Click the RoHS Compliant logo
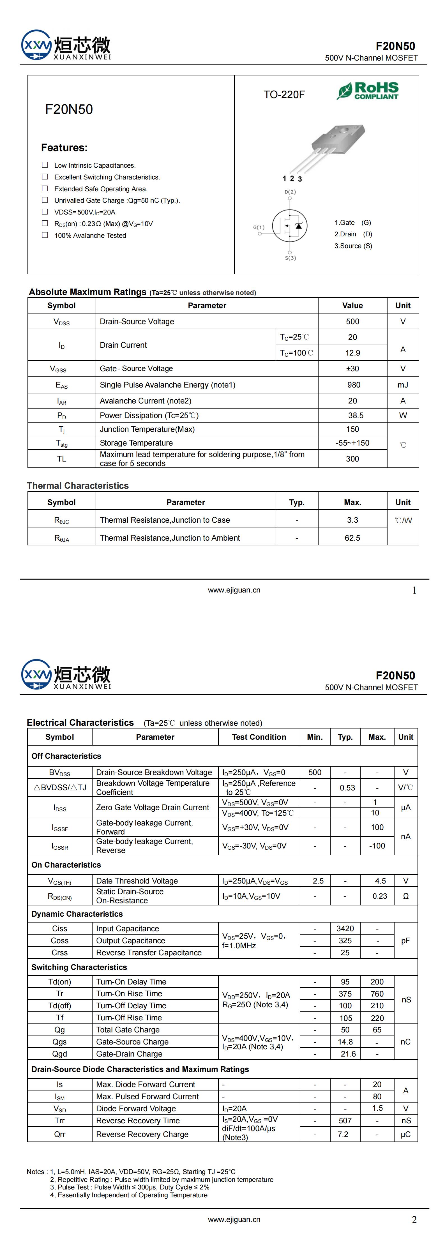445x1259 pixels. [x=368, y=91]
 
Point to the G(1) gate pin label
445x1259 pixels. [x=259, y=227]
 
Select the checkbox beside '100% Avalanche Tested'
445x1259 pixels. [x=45, y=235]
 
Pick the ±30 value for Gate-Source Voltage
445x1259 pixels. [x=352, y=368]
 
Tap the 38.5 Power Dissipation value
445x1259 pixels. [x=356, y=416]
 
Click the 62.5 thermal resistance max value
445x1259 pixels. [x=352, y=538]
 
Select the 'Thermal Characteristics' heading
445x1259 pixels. [x=78, y=485]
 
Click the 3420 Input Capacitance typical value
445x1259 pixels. [x=345, y=928]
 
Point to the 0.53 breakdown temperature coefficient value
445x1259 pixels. [x=347, y=787]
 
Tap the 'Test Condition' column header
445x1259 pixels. [x=259, y=737]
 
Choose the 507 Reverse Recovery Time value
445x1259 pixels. [x=345, y=1120]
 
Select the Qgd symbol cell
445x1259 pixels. [x=60, y=1054]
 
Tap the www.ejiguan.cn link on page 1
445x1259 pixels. [x=234, y=590]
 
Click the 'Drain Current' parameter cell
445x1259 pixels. [x=123, y=345]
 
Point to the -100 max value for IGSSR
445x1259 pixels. [x=377, y=845]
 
